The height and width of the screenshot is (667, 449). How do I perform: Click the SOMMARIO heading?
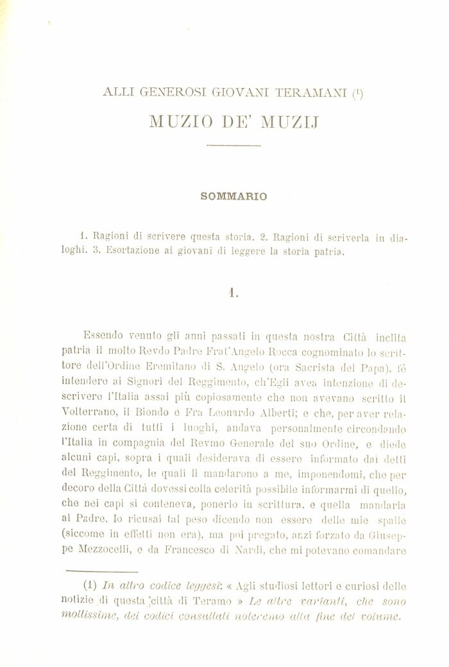(x=225, y=196)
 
